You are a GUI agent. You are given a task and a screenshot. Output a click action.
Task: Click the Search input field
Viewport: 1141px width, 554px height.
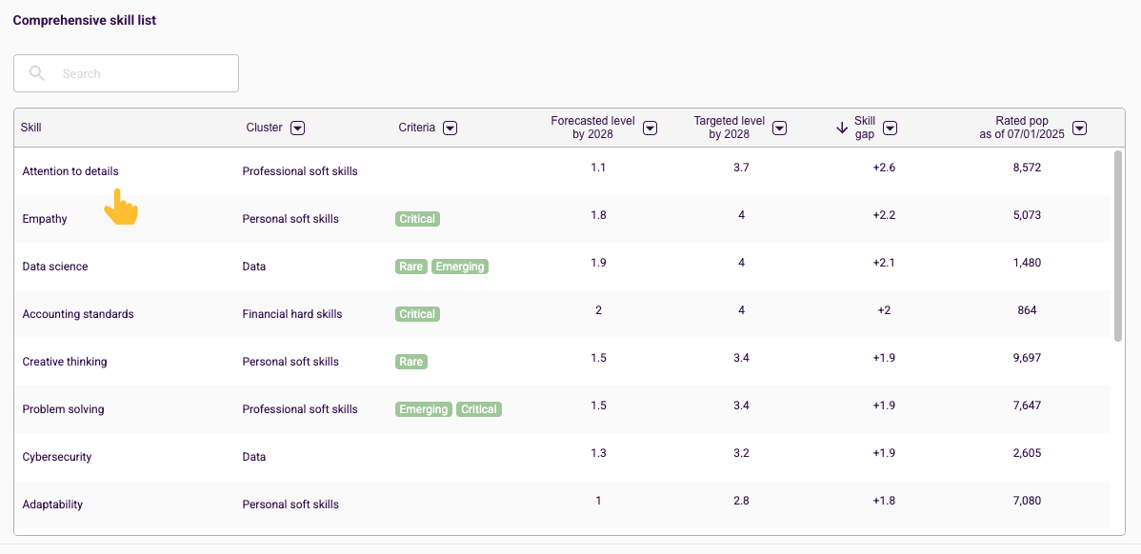tap(126, 73)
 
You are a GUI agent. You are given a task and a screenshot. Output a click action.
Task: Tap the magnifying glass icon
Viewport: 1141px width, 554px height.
tap(37, 72)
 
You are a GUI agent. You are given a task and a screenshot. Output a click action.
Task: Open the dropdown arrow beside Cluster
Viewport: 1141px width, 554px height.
tap(297, 128)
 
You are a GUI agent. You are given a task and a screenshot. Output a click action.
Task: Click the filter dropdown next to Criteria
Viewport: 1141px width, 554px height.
tap(450, 128)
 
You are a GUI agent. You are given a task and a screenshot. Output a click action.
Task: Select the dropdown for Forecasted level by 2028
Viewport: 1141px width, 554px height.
tap(650, 128)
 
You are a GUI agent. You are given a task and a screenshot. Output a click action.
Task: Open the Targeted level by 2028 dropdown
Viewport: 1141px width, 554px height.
tap(779, 128)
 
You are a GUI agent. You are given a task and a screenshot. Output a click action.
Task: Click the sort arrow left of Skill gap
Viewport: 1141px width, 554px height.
tap(842, 128)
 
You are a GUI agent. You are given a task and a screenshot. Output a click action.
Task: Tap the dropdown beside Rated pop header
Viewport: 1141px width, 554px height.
tap(1080, 128)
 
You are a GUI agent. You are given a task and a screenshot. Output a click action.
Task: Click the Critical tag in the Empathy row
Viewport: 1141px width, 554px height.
tap(418, 219)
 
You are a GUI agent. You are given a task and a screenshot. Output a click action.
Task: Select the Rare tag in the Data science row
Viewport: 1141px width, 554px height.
tap(411, 267)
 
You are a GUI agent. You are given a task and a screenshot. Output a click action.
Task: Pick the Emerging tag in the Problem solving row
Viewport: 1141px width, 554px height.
tap(424, 409)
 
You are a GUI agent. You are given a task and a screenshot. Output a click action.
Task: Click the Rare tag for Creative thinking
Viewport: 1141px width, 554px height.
tap(411, 362)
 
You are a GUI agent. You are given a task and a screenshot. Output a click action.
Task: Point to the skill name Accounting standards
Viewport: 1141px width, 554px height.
tap(78, 314)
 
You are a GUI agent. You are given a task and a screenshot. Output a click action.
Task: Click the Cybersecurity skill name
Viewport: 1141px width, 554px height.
tap(57, 457)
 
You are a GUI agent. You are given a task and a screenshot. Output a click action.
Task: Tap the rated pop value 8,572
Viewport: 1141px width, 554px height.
tap(1027, 168)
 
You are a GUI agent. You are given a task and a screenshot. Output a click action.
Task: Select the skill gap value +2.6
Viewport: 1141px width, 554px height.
tap(884, 168)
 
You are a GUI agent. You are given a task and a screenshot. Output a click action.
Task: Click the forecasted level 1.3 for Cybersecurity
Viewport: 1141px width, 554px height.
tap(598, 453)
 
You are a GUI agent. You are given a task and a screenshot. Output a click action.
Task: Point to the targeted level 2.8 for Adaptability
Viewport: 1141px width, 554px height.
tap(741, 500)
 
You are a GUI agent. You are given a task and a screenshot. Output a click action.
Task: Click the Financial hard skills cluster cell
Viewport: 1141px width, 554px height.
tap(291, 314)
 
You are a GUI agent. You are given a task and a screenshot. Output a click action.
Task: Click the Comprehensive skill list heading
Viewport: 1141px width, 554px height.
tap(85, 20)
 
